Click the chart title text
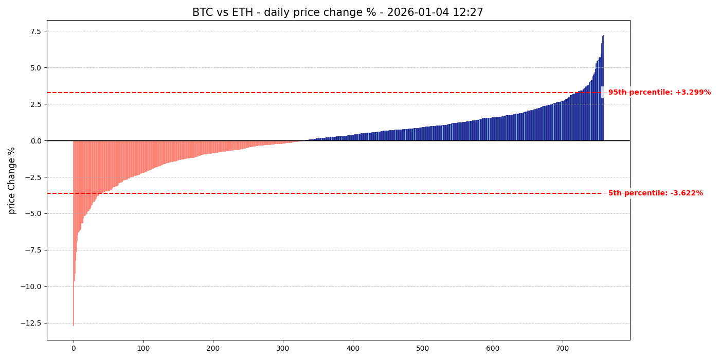[337, 12]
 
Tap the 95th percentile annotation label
[659, 93]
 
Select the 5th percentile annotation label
[655, 193]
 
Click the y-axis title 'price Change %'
[12, 181]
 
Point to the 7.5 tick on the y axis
[35, 31]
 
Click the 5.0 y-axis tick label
[35, 68]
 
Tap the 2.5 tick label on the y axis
[35, 104]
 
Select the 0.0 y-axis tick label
[35, 141]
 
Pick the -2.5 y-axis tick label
[32, 177]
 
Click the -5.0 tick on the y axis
[32, 214]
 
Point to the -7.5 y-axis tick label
[32, 250]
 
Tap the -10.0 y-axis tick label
[30, 287]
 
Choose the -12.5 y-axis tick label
[30, 323]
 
